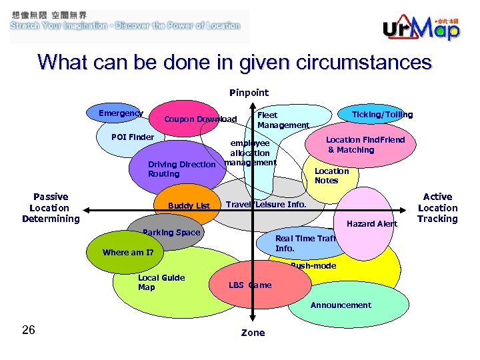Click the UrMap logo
[x=421, y=27]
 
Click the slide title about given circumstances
[x=235, y=63]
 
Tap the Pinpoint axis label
[x=249, y=93]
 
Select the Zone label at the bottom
[x=253, y=333]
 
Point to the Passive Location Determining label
[x=51, y=207]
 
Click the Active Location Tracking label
[x=437, y=207]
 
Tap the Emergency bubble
[x=121, y=113]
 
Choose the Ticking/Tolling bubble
[x=382, y=115]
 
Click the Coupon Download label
[x=200, y=120]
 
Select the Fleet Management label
[x=283, y=120]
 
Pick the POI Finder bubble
[x=133, y=137]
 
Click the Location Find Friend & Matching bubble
[x=364, y=145]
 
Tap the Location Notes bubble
[x=331, y=175]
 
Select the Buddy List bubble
[x=189, y=205]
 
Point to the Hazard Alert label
[x=371, y=224]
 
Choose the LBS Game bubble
[x=251, y=285]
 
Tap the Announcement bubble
[x=341, y=305]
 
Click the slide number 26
[x=28, y=330]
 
